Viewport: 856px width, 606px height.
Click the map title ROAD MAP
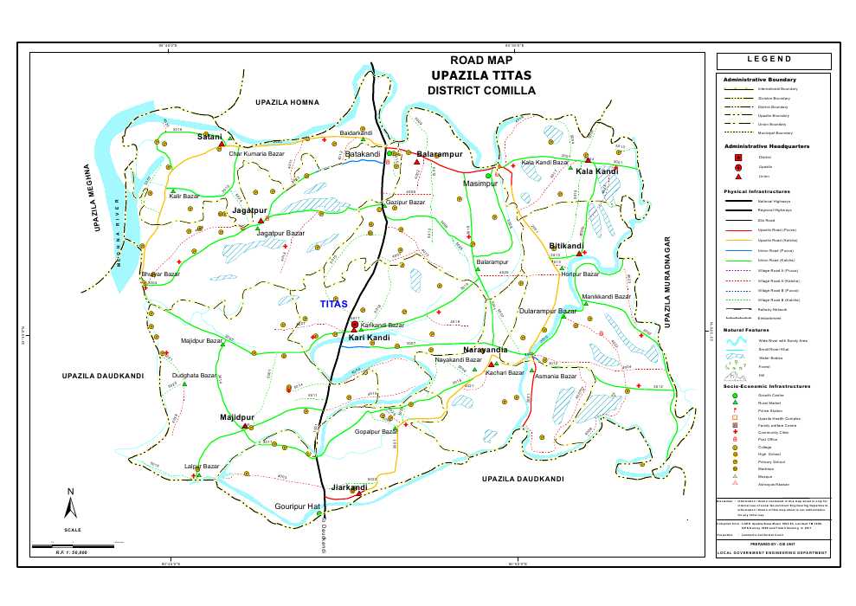point(481,61)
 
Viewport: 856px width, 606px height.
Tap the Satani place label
point(209,137)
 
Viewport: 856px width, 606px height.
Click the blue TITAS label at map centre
point(333,305)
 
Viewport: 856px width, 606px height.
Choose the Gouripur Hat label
point(298,506)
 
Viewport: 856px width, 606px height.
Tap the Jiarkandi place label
point(350,487)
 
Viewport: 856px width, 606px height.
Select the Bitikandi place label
point(566,246)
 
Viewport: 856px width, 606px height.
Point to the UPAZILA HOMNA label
point(287,102)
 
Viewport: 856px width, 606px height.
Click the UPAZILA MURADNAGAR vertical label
point(668,281)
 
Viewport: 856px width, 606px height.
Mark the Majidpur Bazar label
point(201,341)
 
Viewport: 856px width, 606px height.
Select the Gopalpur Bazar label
point(375,431)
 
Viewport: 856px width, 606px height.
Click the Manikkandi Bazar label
point(603,297)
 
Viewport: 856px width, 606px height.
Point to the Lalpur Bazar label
point(202,467)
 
